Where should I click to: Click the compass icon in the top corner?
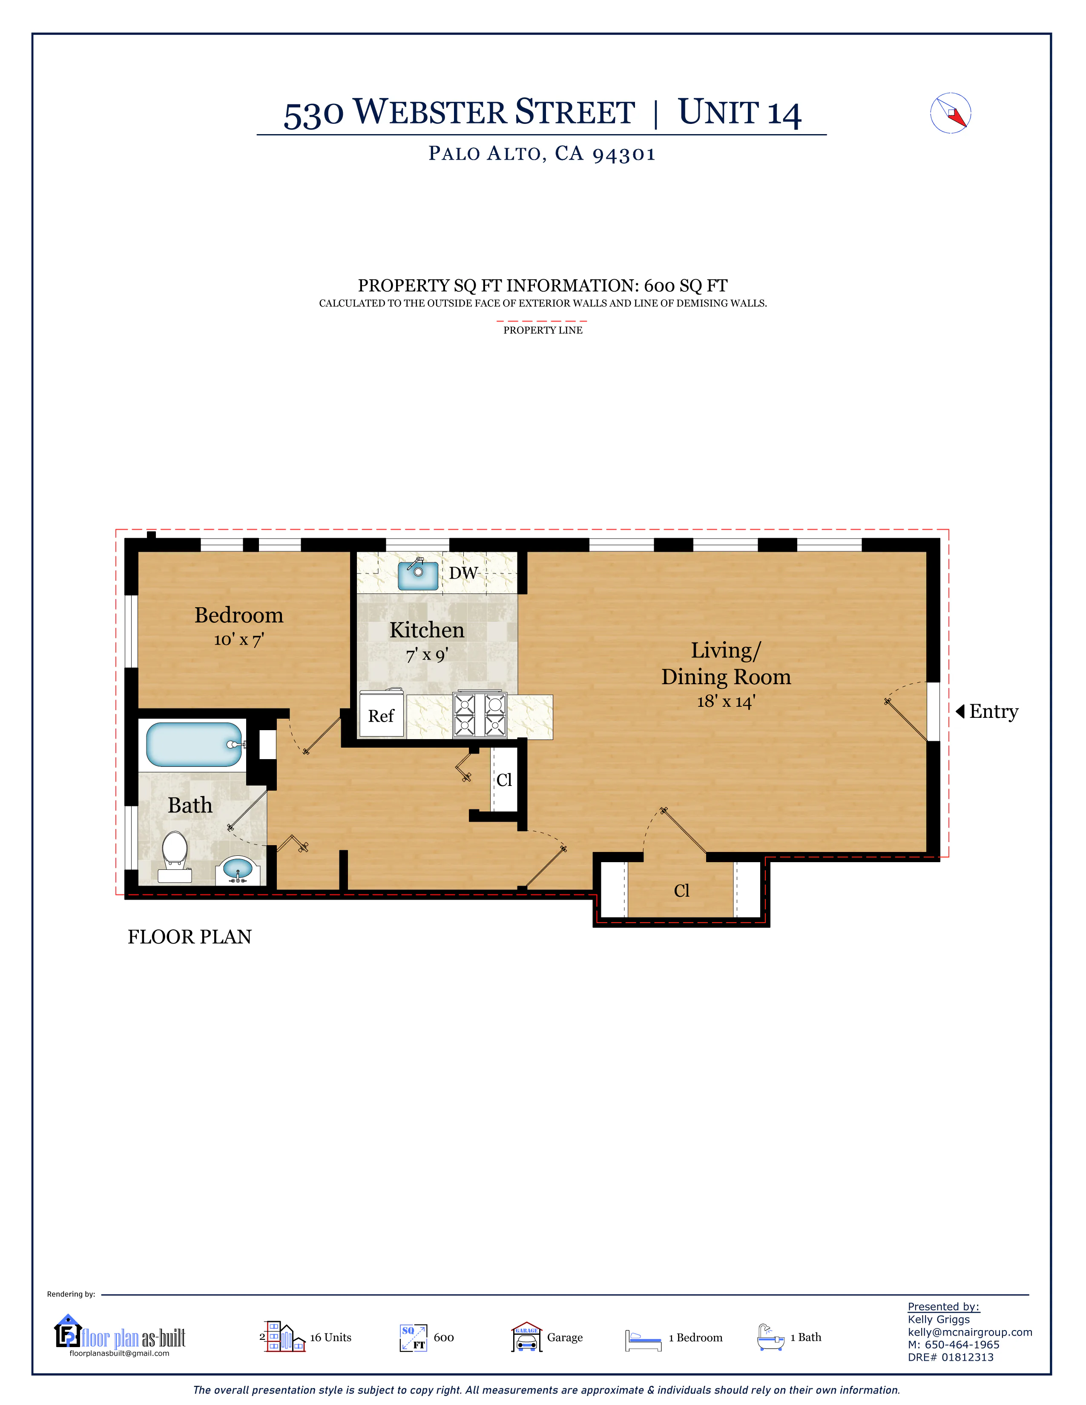tap(950, 113)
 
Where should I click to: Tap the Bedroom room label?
tap(238, 615)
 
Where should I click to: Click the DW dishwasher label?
tap(463, 573)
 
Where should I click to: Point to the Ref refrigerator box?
tap(382, 714)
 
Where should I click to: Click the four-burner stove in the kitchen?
tap(480, 714)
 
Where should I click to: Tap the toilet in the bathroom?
tap(174, 856)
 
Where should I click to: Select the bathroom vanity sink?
tap(238, 870)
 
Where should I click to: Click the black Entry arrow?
tap(960, 711)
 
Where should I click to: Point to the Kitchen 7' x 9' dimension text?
tap(427, 655)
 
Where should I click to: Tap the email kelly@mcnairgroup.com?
tap(970, 1332)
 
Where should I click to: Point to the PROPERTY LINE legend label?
tap(543, 330)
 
